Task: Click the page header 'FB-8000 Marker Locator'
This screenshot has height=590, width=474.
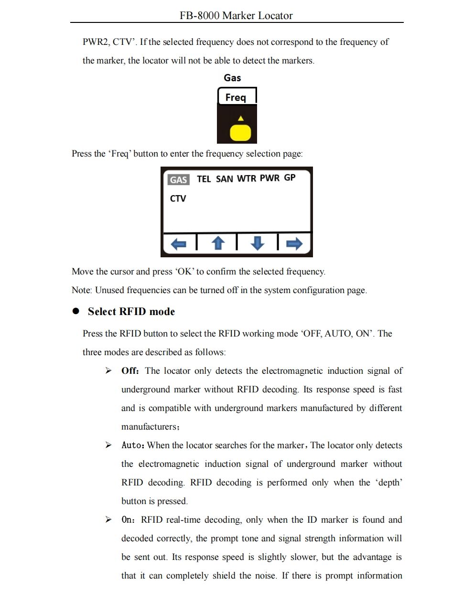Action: pos(236,15)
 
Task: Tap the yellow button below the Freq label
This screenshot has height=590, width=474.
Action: pos(240,132)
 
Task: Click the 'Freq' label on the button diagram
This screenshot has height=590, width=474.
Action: pos(236,97)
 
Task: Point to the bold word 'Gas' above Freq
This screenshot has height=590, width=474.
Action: pos(232,78)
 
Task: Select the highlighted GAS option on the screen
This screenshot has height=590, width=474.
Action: pos(179,179)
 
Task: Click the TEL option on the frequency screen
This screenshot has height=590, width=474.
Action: pos(204,179)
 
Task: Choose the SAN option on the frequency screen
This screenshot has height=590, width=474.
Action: pos(224,179)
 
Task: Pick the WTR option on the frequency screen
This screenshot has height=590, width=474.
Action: pos(246,179)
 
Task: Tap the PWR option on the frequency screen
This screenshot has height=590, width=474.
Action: pos(269,178)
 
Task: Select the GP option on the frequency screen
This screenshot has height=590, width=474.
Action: pos(290,178)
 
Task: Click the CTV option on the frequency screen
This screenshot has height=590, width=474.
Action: pos(178,199)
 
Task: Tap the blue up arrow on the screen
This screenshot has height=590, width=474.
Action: pos(218,243)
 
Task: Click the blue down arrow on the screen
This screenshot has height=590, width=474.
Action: pos(257,243)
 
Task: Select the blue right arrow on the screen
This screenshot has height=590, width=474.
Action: pos(294,243)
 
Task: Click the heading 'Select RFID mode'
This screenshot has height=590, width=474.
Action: pos(131,312)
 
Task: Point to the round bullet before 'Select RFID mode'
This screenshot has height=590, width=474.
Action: pos(75,311)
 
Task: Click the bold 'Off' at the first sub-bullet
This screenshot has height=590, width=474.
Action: pos(129,371)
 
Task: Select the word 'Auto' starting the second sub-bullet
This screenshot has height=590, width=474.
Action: pos(132,445)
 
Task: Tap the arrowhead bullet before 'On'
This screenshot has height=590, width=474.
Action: pos(109,520)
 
